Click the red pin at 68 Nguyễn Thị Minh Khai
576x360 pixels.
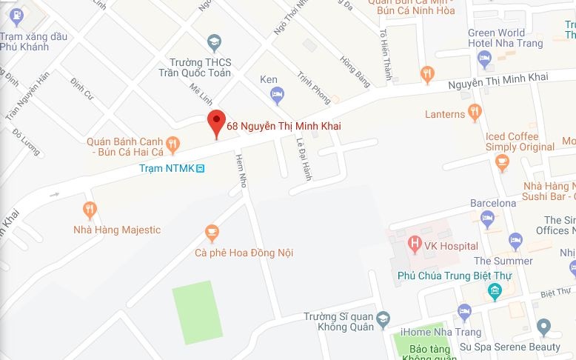point(215,122)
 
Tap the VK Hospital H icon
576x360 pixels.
point(415,242)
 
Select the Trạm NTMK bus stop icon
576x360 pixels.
point(200,169)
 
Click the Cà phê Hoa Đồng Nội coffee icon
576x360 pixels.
point(212,233)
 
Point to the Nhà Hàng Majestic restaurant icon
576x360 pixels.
point(90,210)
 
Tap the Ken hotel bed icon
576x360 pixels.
point(277,94)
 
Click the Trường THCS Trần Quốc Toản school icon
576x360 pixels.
point(214,41)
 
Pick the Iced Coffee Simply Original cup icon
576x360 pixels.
point(503,161)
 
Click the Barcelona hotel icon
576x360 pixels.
point(486,218)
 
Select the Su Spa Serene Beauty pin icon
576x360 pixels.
point(544,327)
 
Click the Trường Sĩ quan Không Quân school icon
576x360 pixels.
point(383,320)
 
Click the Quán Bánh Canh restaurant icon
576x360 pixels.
point(172,143)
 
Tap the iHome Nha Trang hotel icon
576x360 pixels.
point(464,310)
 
